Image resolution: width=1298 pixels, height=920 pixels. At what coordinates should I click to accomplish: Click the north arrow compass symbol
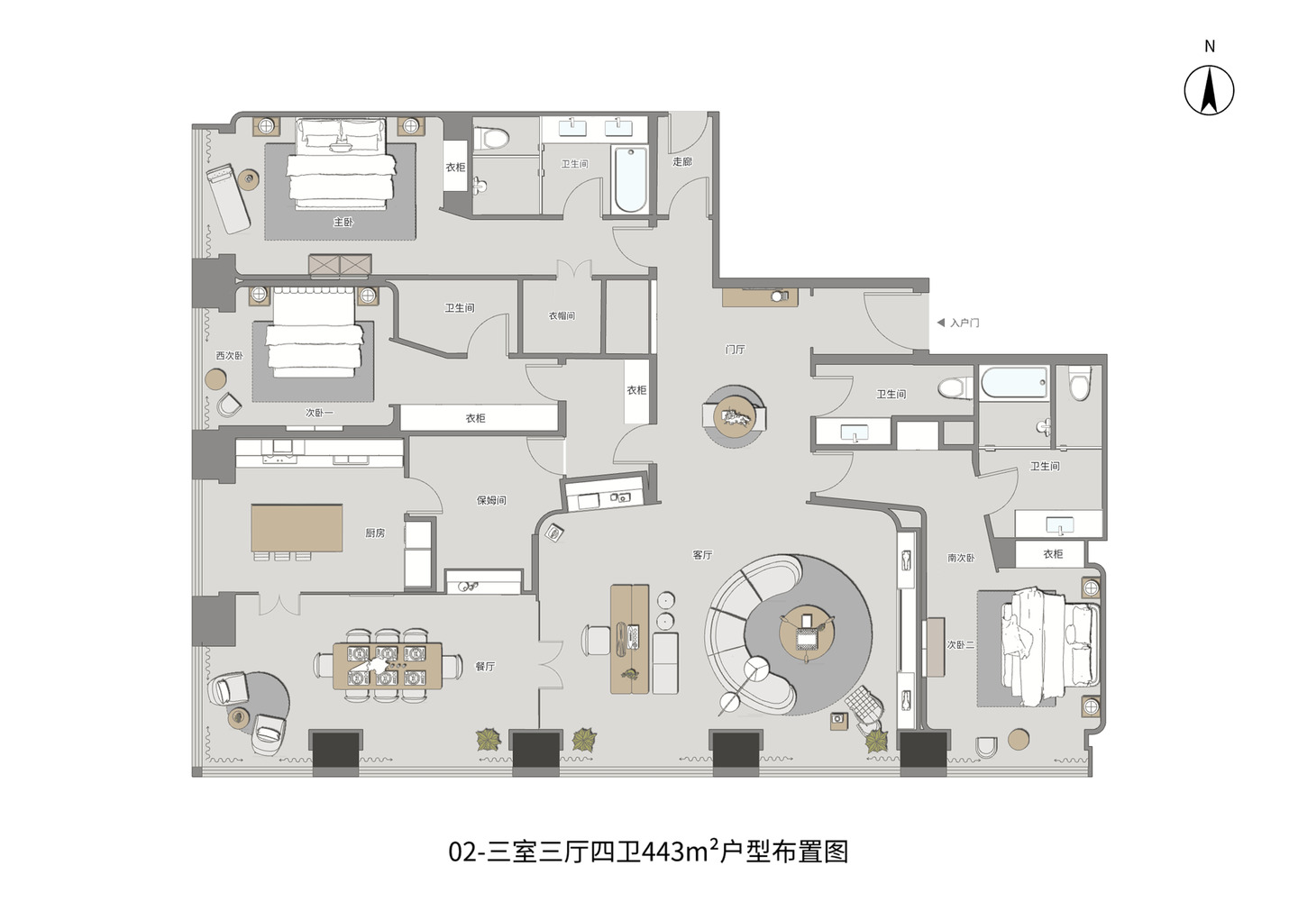click(1209, 90)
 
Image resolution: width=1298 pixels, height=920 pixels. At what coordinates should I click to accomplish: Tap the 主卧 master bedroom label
click(343, 222)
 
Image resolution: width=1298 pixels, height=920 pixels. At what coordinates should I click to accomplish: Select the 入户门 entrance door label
click(964, 323)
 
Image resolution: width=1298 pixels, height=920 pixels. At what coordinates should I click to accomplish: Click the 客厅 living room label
click(702, 555)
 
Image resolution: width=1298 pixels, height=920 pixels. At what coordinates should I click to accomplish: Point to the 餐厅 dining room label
click(485, 667)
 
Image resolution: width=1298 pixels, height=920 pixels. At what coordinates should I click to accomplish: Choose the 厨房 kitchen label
click(375, 533)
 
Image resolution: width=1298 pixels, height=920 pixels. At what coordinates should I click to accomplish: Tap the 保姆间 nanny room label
click(491, 500)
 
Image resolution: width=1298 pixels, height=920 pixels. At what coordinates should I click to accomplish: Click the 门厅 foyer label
click(736, 350)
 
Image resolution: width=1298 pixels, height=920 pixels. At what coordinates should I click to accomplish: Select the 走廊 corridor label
click(682, 162)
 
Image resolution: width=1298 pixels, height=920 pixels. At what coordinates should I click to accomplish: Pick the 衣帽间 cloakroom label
click(562, 316)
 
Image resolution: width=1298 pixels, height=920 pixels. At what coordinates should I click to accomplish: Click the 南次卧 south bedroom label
click(961, 559)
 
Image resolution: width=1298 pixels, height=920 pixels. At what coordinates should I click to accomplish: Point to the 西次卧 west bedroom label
click(229, 356)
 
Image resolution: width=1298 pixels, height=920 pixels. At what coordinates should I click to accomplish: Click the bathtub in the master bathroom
click(629, 178)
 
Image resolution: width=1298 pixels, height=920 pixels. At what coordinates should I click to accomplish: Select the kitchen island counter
click(297, 527)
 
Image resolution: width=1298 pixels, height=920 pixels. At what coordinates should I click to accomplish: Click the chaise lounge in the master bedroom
click(229, 199)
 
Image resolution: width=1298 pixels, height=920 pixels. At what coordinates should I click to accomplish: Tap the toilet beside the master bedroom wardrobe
click(490, 138)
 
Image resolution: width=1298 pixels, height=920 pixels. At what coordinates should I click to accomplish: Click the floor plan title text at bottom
click(648, 852)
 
